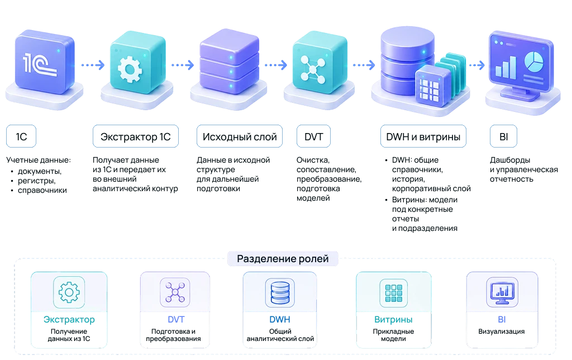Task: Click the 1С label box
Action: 21,136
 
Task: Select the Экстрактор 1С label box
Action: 136,136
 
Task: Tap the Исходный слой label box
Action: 240,136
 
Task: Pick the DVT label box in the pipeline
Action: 314,136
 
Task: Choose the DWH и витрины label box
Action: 423,136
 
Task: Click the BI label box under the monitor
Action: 503,136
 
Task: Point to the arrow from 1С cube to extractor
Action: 93,65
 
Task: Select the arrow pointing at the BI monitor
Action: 477,65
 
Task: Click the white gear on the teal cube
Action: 130,69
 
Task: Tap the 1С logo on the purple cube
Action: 40,65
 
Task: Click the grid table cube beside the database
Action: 433,87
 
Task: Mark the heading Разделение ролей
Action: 283,258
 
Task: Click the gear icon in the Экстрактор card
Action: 69,292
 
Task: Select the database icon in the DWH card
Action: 280,292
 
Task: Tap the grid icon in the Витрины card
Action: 394,293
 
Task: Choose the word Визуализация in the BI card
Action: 501,331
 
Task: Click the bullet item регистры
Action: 36,181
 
